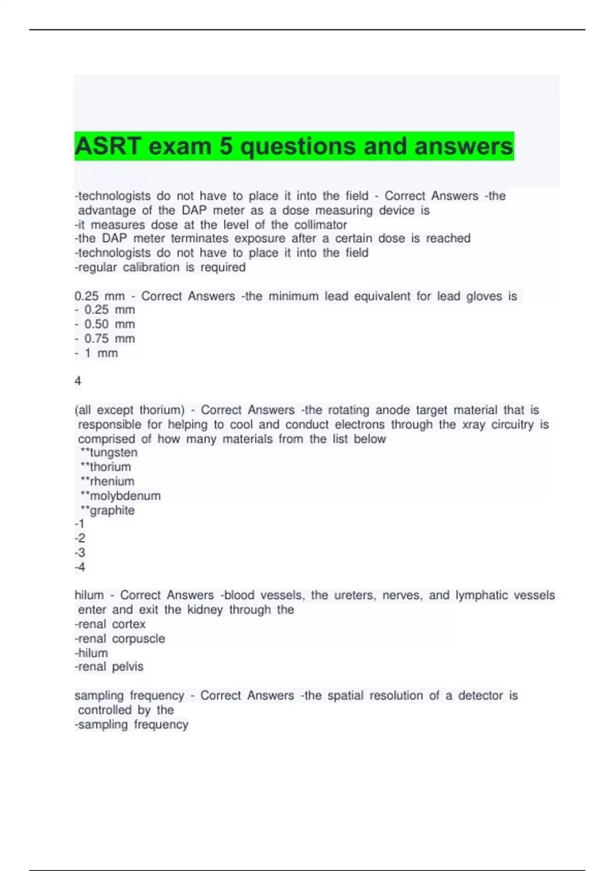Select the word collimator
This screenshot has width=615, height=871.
pyautogui.click(x=320, y=225)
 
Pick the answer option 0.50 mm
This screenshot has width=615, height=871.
pyautogui.click(x=109, y=324)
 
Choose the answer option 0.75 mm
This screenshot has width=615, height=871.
pyautogui.click(x=109, y=339)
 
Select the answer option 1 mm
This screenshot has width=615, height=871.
pyautogui.click(x=101, y=353)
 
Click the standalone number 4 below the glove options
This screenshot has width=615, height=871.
pyautogui.click(x=78, y=381)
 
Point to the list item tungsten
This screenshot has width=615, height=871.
pyautogui.click(x=113, y=453)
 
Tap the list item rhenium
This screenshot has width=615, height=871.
pyautogui.click(x=112, y=482)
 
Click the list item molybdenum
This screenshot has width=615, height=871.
pyautogui.click(x=125, y=496)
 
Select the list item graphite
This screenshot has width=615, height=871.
pyautogui.click(x=112, y=510)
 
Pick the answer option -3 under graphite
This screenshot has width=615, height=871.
pyautogui.click(x=80, y=553)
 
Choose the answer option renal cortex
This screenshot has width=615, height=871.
pyautogui.click(x=111, y=625)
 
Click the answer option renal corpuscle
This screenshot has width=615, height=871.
pyautogui.click(x=120, y=639)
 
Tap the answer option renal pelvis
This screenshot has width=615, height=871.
pyautogui.click(x=110, y=667)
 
